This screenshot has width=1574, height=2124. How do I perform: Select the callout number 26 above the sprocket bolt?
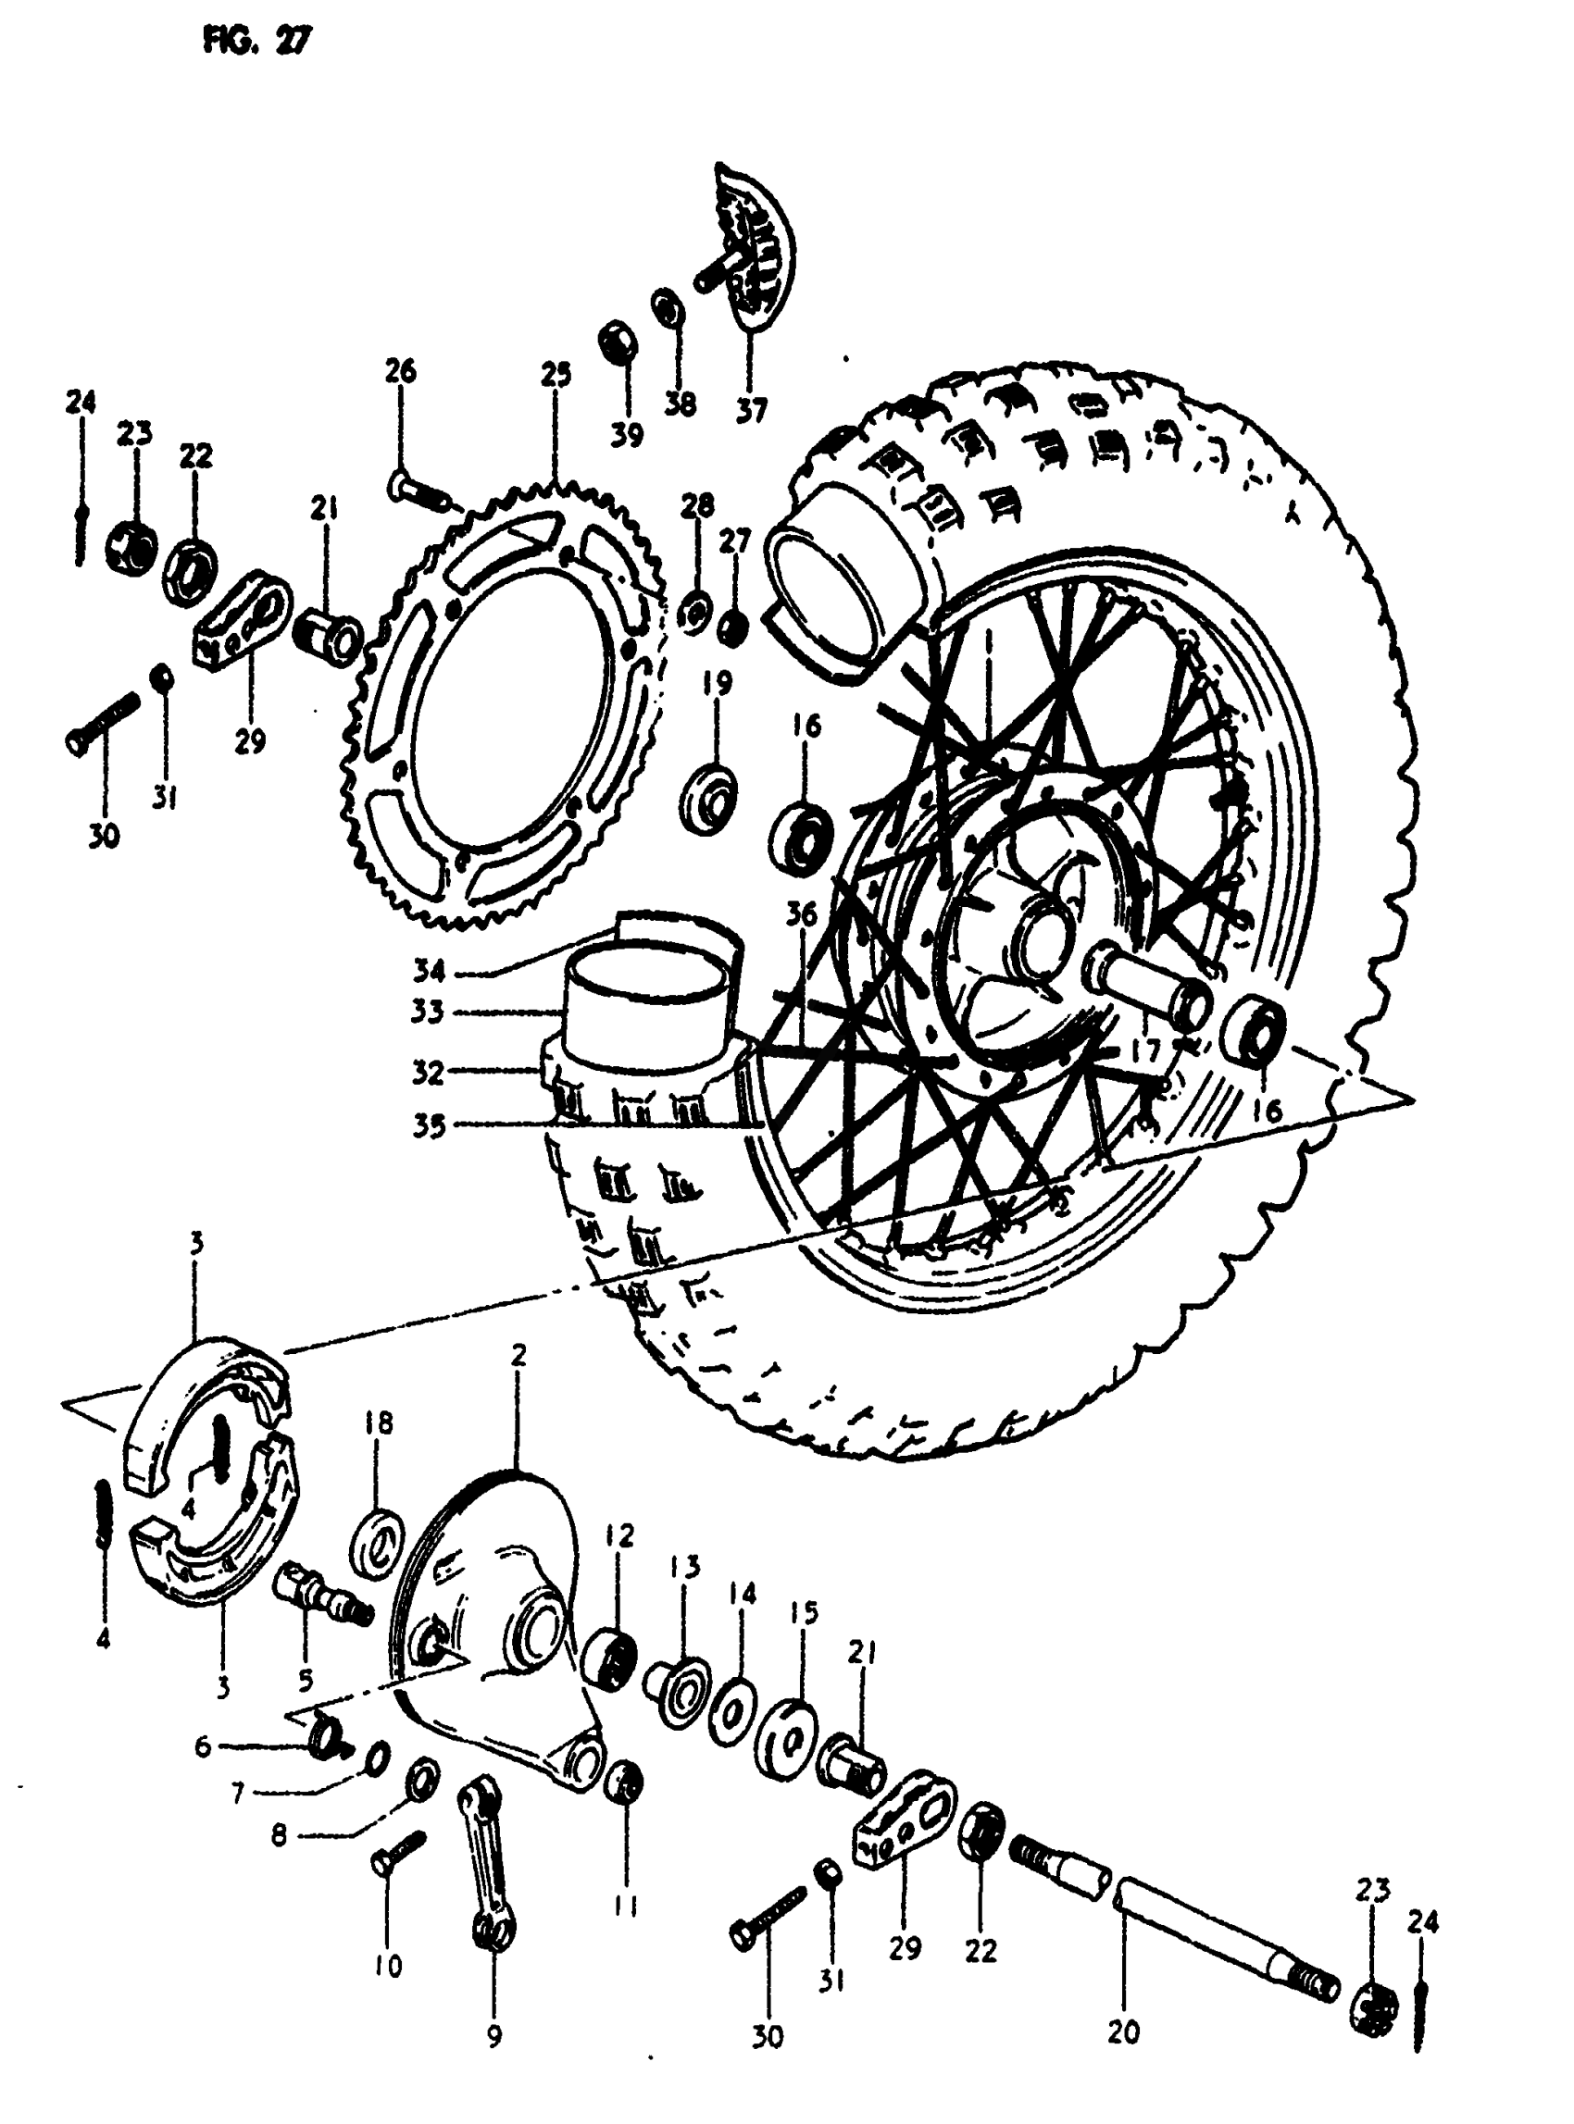[x=401, y=370]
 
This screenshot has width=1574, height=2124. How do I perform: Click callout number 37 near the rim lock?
[x=751, y=411]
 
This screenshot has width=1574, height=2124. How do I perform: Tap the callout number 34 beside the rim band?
[x=429, y=972]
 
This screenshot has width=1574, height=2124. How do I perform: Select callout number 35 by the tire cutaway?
[x=429, y=1125]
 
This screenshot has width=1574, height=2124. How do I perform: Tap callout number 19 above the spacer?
[x=718, y=683]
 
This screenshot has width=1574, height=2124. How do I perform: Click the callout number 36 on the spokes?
[x=801, y=915]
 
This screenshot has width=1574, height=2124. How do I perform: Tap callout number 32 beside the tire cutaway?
[x=429, y=1073]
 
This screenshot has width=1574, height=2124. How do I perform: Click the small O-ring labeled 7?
[x=375, y=1755]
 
